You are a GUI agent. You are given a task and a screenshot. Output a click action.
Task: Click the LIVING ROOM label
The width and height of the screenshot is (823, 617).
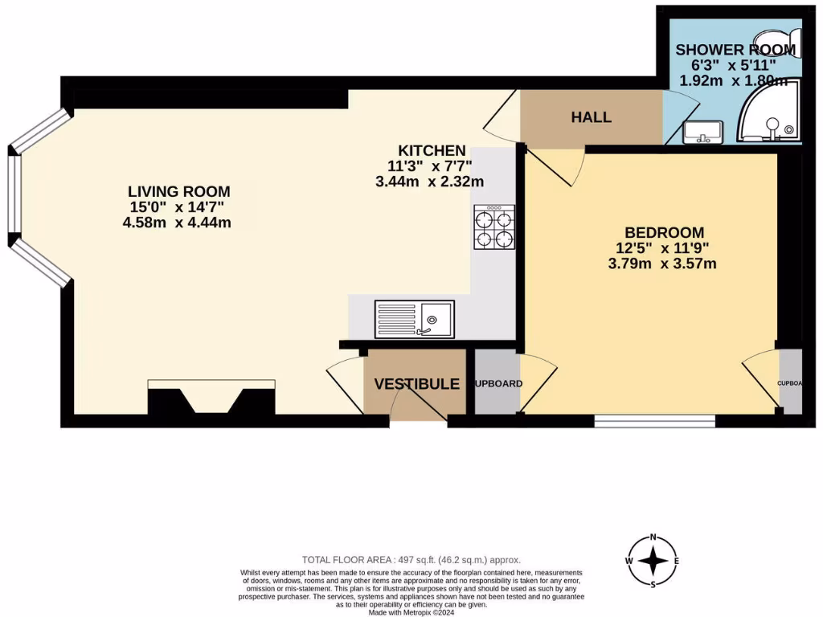click(x=178, y=192)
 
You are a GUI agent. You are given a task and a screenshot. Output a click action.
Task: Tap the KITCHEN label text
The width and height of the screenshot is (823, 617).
click(x=432, y=150)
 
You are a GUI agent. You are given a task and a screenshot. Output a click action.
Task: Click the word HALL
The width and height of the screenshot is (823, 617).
click(x=591, y=117)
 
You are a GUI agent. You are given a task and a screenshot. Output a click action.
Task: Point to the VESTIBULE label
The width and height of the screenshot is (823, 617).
click(x=416, y=384)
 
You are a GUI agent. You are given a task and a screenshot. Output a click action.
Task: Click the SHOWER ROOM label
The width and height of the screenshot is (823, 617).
click(x=735, y=50)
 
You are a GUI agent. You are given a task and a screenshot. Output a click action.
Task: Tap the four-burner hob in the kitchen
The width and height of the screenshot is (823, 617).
click(x=494, y=227)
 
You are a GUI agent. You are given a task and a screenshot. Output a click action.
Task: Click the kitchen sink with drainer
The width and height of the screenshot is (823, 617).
click(x=414, y=319)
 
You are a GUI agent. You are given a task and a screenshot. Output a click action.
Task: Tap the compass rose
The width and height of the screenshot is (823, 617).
click(x=654, y=561)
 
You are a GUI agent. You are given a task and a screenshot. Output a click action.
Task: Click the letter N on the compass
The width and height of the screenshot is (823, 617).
click(x=654, y=537)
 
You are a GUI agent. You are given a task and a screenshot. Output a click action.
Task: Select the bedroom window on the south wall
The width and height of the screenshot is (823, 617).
click(x=654, y=420)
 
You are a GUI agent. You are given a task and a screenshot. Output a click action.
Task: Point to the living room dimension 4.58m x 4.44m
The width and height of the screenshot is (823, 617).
click(x=178, y=223)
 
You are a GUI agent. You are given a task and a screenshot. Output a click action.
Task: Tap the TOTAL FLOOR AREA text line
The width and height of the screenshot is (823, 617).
click(x=411, y=559)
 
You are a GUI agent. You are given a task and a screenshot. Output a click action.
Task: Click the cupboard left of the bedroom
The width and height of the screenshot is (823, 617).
click(x=496, y=384)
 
